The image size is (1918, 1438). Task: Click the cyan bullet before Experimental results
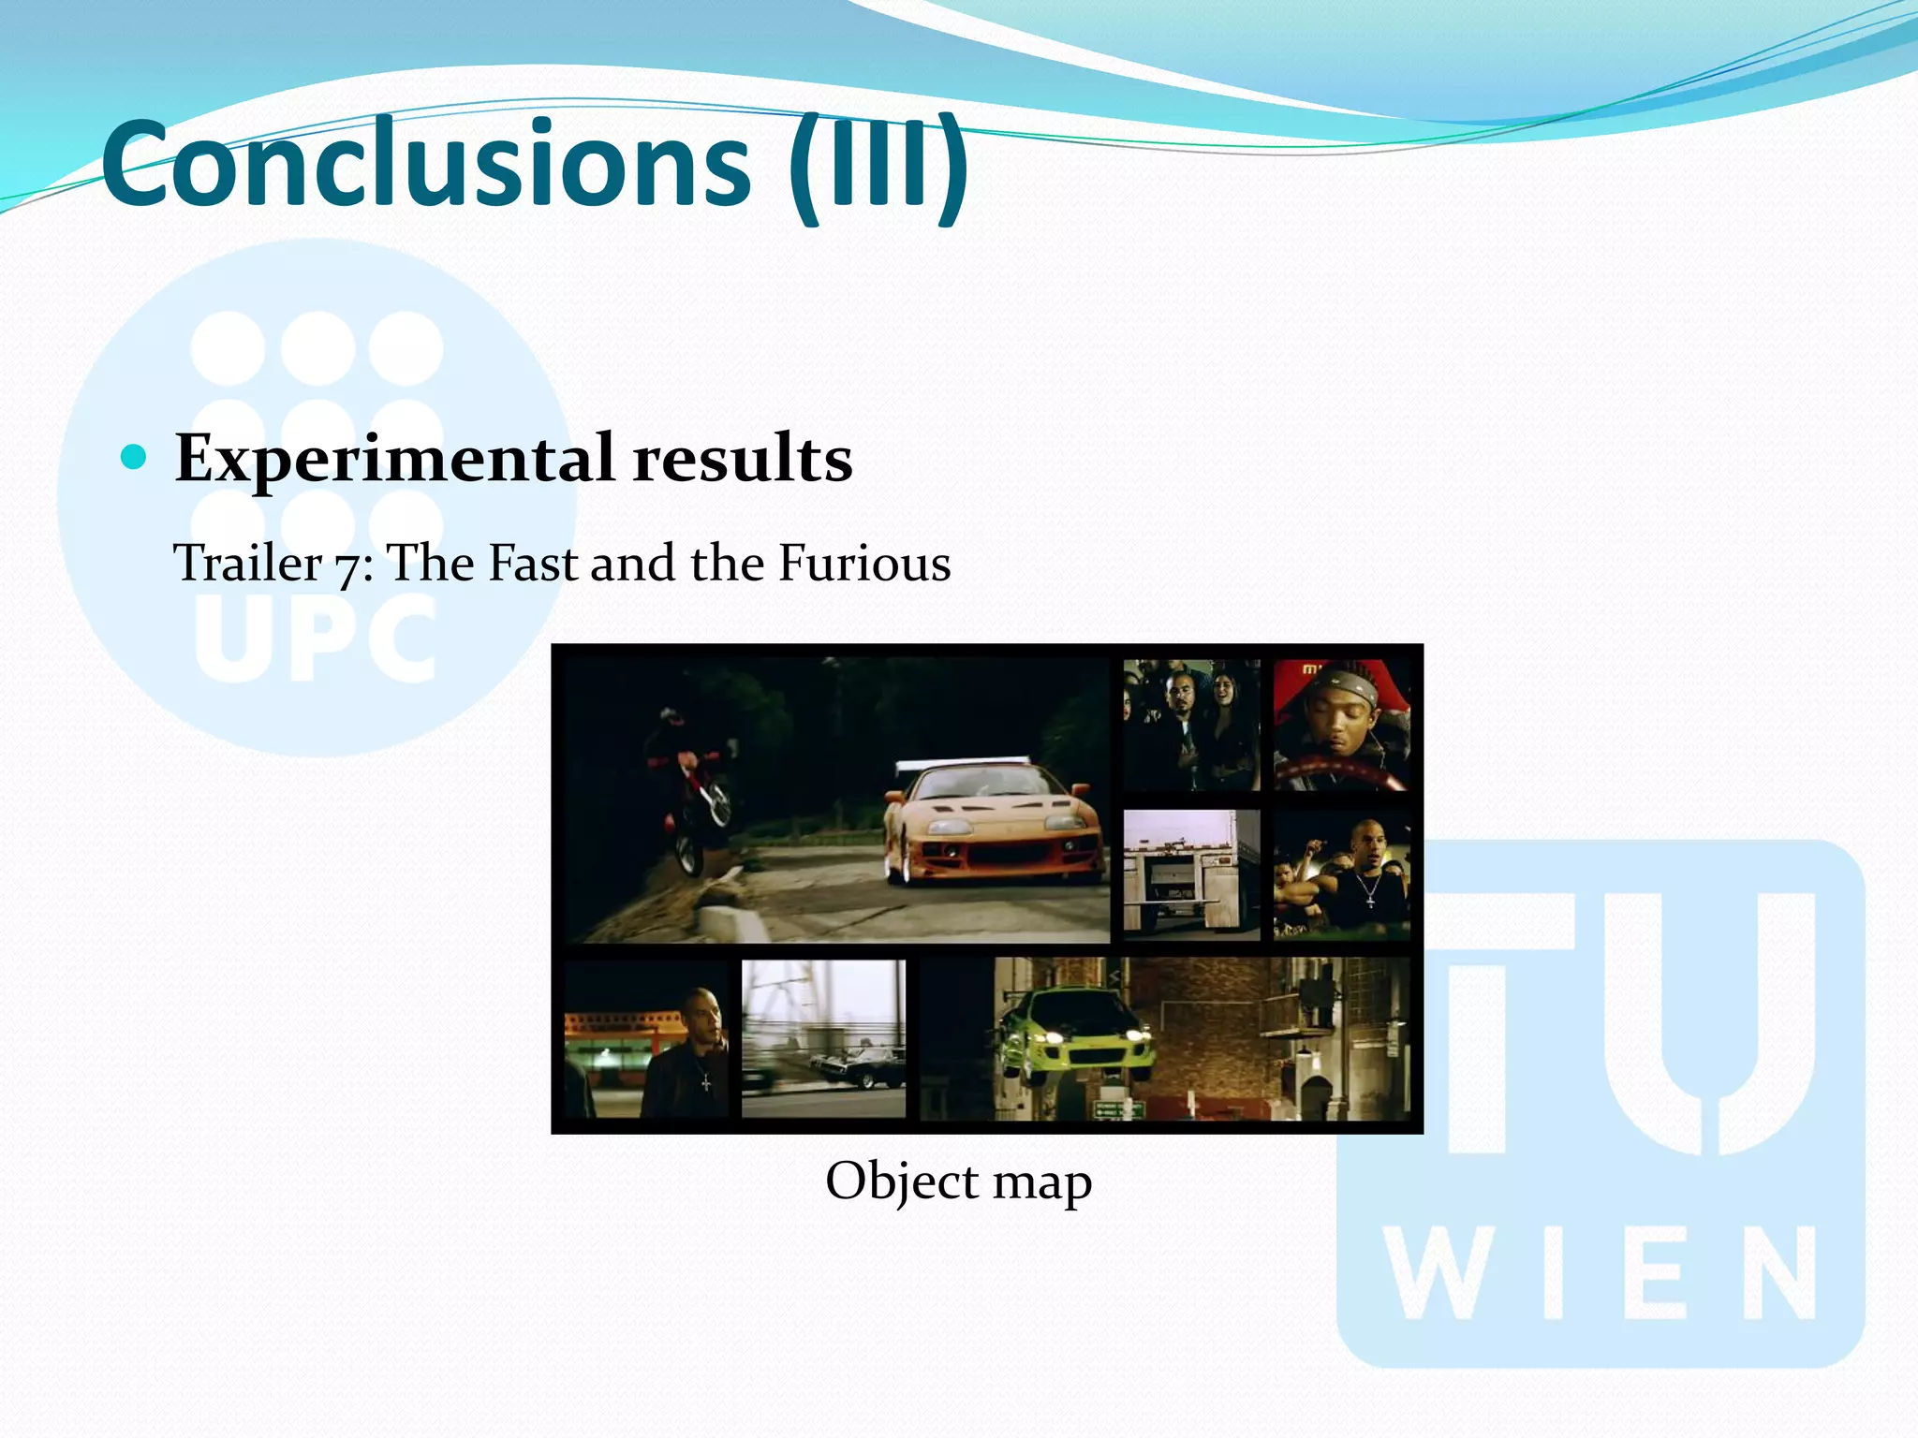click(x=135, y=458)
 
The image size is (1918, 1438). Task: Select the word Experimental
click(x=394, y=460)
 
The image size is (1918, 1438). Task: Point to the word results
click(x=742, y=460)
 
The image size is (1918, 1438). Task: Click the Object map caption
click(x=958, y=1181)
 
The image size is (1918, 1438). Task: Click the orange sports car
click(x=993, y=824)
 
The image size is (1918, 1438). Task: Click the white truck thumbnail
click(x=1191, y=873)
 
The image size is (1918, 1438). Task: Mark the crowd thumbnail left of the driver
click(x=1191, y=725)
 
